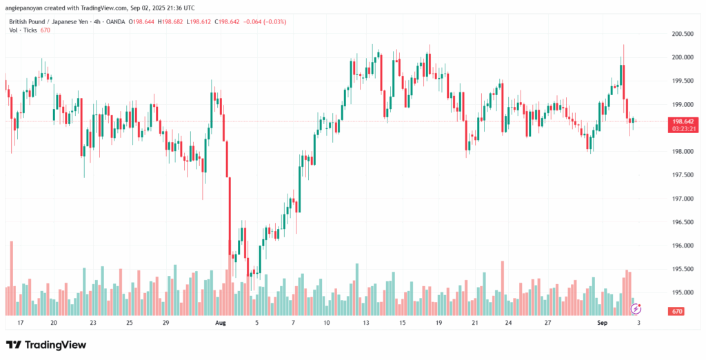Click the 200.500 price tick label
[682, 34]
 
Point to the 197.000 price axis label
[682, 199]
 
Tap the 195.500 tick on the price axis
[682, 269]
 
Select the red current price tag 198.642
[682, 121]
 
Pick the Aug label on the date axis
[221, 322]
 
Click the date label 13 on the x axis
[367, 322]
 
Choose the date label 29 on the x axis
[165, 322]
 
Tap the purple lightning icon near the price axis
[636, 308]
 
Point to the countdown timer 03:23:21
[682, 128]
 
